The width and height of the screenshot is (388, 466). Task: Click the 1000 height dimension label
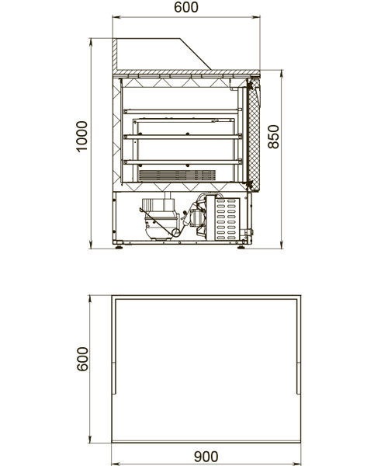click(x=82, y=137)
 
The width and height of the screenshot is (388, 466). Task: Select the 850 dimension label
click(x=273, y=137)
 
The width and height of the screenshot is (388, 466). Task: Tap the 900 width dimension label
click(x=206, y=456)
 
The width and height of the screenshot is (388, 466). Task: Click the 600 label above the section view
click(x=186, y=8)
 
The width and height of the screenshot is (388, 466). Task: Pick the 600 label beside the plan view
click(x=82, y=359)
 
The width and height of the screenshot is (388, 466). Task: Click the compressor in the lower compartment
click(x=161, y=219)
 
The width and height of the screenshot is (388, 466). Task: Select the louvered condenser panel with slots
click(x=227, y=219)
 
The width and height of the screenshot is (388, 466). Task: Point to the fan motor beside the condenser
click(x=198, y=217)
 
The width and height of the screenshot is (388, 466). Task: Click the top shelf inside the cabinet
click(x=182, y=111)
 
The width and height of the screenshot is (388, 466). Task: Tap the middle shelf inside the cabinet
click(x=182, y=137)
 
